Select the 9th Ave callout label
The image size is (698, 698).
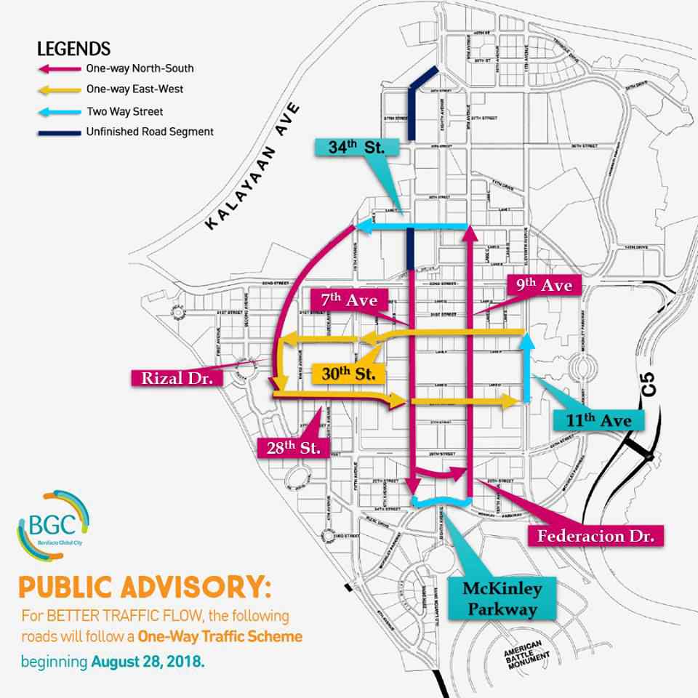click(x=544, y=285)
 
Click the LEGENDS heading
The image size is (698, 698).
click(x=73, y=49)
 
